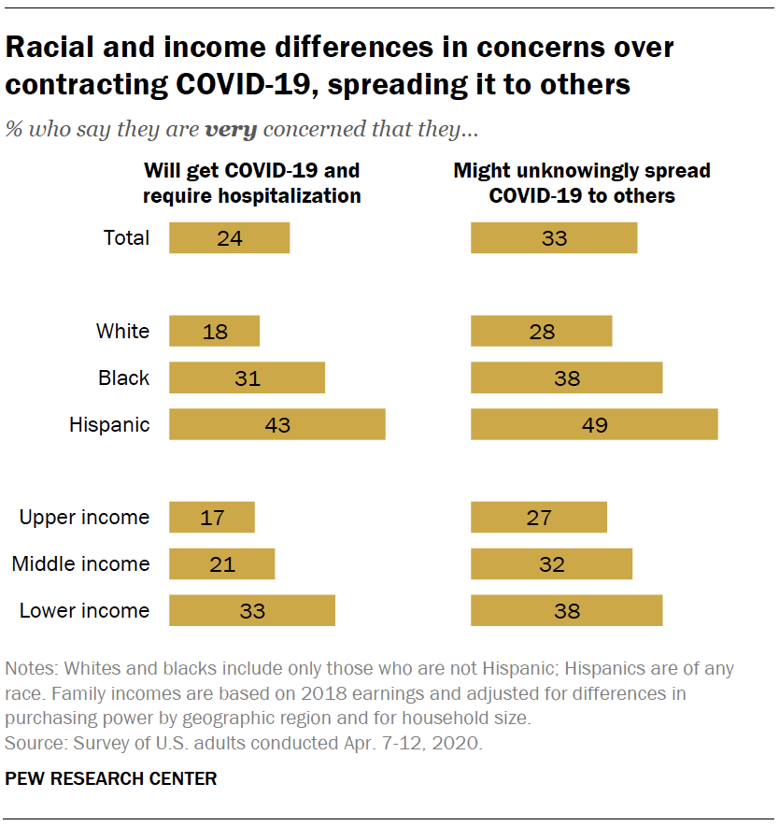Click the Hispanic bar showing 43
(276, 424)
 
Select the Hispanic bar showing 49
(594, 424)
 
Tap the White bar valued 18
(214, 331)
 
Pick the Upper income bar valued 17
(211, 518)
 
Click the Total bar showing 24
(229, 237)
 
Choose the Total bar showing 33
(554, 237)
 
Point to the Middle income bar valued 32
(551, 564)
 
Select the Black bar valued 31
(247, 377)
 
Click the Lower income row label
(84, 611)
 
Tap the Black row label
(123, 377)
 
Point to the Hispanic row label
(109, 424)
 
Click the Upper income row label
(84, 518)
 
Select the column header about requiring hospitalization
(251, 183)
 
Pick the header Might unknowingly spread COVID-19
(582, 183)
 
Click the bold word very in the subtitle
(231, 130)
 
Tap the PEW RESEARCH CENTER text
(111, 778)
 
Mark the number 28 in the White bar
(542, 331)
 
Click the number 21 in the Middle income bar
(222, 564)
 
